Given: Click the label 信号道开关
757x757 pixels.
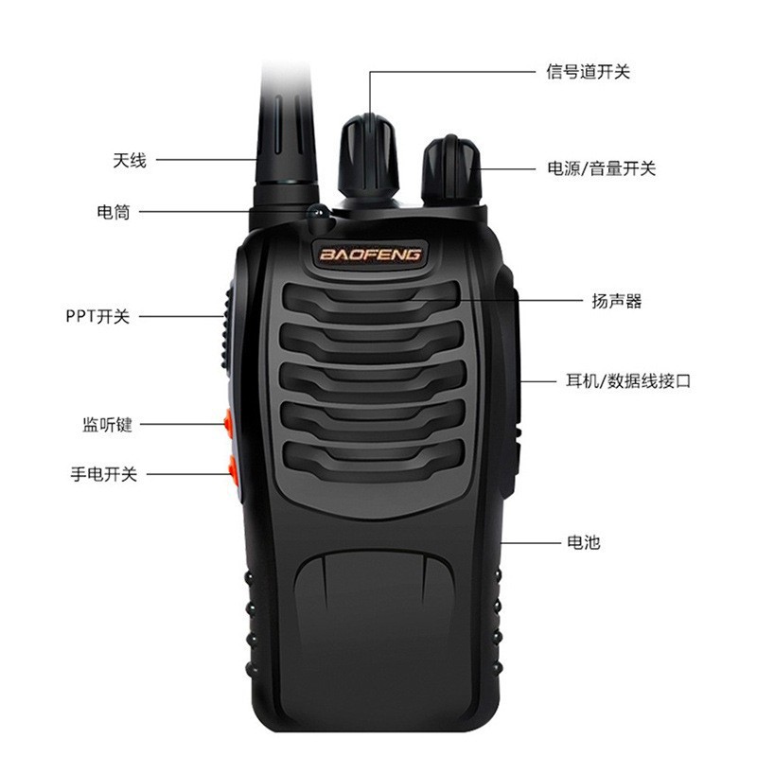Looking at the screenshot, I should pos(588,72).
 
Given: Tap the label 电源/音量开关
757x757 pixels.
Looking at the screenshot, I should pos(601,169).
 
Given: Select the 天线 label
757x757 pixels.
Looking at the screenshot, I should pos(130,161).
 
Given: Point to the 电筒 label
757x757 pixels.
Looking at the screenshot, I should pos(114,212).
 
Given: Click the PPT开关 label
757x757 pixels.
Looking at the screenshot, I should pos(97,316).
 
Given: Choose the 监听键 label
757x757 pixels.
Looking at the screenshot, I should pos(107,425).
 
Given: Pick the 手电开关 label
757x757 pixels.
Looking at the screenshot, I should pos(103,474).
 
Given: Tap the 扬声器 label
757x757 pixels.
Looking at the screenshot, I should pos(616,301).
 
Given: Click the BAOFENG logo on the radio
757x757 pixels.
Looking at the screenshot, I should pos(370,255).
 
